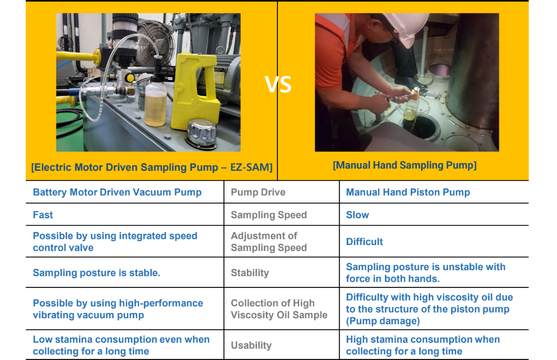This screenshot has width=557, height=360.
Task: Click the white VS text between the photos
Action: [278, 85]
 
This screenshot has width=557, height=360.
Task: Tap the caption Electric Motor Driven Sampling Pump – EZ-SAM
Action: [152, 167]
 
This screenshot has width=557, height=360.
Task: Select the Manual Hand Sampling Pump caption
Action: [405, 165]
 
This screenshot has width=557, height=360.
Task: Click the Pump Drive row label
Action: [258, 192]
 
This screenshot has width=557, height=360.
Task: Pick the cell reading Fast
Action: [43, 215]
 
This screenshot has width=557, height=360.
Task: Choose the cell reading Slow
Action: [357, 215]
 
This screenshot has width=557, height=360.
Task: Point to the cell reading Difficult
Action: [364, 242]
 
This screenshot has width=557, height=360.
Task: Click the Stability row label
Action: [249, 273]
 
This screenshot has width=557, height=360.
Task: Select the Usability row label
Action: [251, 345]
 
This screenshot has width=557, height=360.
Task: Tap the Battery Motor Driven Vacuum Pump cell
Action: [117, 192]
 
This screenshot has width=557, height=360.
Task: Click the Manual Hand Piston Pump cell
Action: [408, 192]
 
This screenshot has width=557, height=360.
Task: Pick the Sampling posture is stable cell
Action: [97, 273]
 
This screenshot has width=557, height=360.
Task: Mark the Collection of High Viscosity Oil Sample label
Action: [279, 309]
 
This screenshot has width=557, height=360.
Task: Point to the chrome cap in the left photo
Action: [202, 134]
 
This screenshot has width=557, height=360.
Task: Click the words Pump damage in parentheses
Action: [383, 321]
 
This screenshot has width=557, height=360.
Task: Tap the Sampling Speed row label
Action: [269, 215]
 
